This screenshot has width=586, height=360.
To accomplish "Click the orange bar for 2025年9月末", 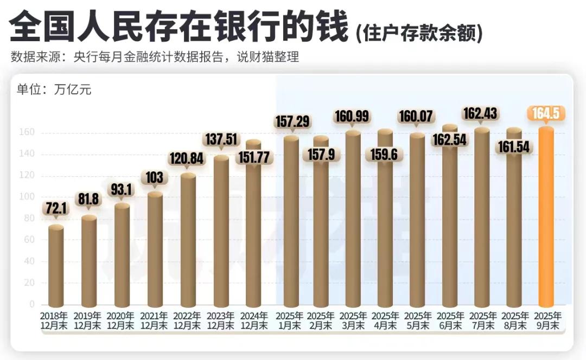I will (546, 217).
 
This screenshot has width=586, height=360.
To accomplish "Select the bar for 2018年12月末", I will (56, 266).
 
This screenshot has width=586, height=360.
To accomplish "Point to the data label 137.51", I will (221, 139).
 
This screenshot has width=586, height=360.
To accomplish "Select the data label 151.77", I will (254, 157).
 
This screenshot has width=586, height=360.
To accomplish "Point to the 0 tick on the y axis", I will (33, 304).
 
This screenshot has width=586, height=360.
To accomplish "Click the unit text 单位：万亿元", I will (54, 90).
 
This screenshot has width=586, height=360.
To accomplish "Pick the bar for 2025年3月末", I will (353, 217).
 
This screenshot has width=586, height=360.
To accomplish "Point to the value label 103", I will (155, 177).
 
